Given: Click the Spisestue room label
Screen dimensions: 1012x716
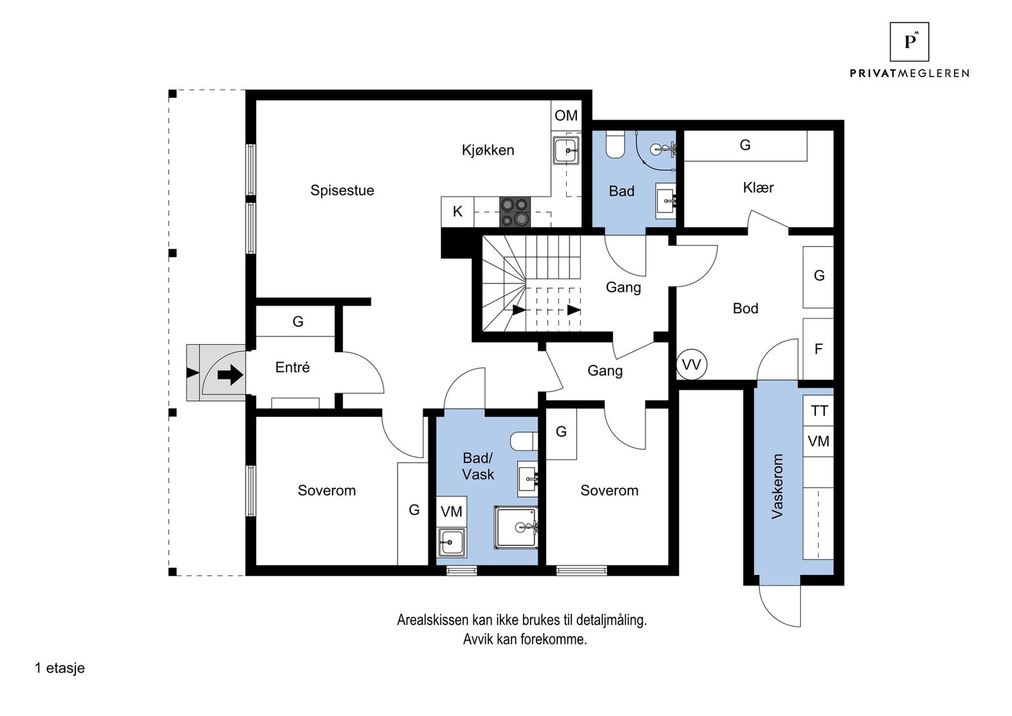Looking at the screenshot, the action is (x=342, y=190).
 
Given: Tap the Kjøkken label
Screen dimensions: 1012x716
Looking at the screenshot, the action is (x=488, y=150).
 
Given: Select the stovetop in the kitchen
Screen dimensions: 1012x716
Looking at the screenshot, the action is (x=515, y=212).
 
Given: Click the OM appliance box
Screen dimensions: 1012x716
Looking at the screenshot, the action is (x=566, y=116).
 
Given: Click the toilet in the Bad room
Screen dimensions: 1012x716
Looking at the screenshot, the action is (x=614, y=144).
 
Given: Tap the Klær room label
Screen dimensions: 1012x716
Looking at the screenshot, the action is (x=758, y=187).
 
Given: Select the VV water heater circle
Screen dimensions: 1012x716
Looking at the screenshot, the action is (x=691, y=364).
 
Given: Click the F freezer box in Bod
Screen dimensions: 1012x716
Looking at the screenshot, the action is (x=818, y=349).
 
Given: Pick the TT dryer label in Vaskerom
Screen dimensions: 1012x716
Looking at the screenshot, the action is (x=819, y=410).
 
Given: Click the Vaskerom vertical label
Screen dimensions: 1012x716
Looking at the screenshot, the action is (x=777, y=486).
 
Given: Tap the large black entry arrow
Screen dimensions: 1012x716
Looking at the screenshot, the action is (x=230, y=375).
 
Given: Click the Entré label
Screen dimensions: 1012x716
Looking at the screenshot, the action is (x=292, y=367).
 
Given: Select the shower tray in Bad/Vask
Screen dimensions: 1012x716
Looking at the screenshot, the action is (x=516, y=527).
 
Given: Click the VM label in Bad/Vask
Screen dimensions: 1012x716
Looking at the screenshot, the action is (x=452, y=511).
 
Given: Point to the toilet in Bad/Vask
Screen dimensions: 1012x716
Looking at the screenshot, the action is (x=524, y=441).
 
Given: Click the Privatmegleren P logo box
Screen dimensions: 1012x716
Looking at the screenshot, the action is (x=909, y=42).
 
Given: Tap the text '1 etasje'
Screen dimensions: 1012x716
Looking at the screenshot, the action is (x=59, y=668).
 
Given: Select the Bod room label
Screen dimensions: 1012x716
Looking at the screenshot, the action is (x=746, y=309).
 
